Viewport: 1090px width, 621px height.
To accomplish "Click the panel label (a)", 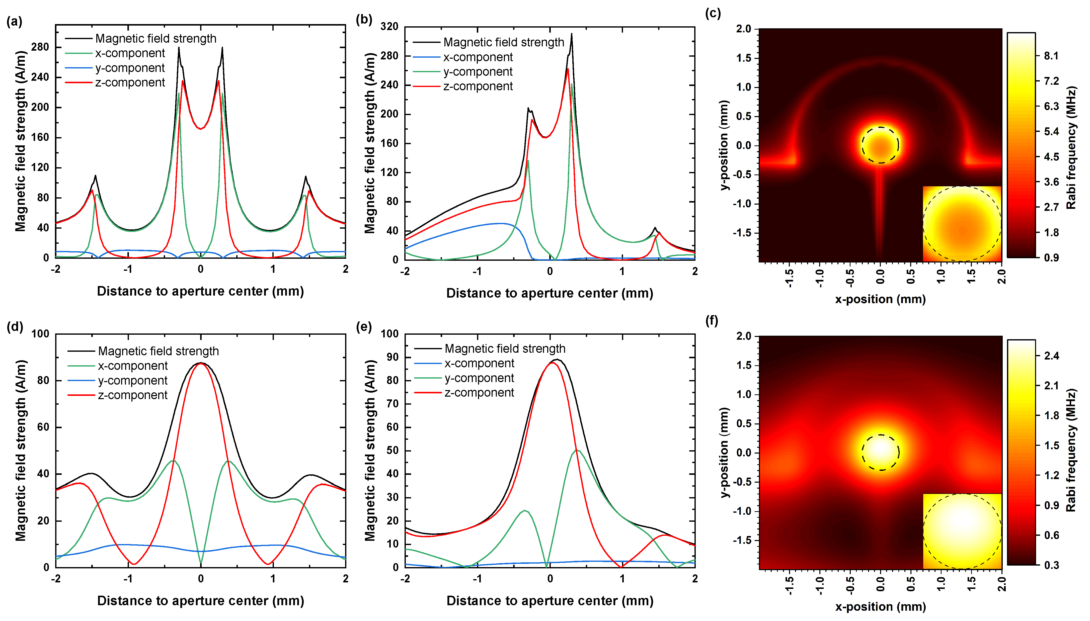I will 14,21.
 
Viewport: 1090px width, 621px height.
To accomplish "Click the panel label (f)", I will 712,320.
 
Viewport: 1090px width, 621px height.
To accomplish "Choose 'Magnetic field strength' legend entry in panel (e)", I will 505,349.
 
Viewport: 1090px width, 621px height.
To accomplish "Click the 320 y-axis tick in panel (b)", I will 389,26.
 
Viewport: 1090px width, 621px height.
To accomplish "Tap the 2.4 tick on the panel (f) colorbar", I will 1051,356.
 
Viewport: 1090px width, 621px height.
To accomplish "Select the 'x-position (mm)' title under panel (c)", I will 880,299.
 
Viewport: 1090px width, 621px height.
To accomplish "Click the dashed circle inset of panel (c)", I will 962,224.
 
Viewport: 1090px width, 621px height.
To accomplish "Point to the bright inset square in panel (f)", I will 962,531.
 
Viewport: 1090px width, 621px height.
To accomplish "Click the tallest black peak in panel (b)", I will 572,34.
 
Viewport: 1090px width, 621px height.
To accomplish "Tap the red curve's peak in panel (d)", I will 200,363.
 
